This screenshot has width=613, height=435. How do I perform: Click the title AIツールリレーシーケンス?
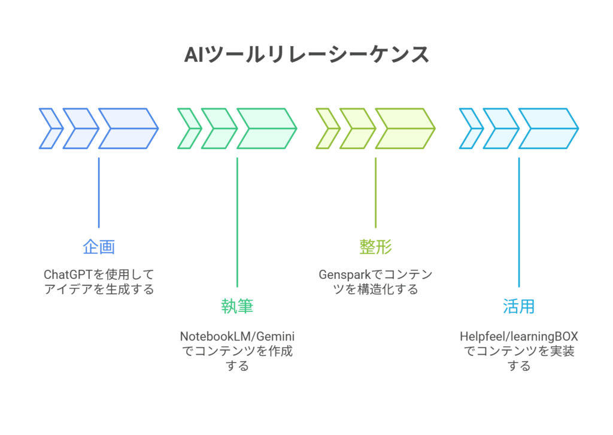click(306, 54)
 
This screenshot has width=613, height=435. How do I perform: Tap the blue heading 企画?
click(99, 247)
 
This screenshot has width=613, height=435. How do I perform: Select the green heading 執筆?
click(237, 307)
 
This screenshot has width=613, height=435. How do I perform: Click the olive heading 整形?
click(375, 247)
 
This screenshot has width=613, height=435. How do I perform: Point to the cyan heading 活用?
click(518, 307)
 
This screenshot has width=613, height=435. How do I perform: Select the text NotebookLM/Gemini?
click(238, 336)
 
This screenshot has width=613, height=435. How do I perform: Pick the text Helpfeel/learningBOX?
click(518, 336)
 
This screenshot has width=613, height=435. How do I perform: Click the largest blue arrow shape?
click(128, 128)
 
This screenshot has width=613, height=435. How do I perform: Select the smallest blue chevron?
click(50, 128)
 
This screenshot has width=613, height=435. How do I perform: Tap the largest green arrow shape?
click(266, 128)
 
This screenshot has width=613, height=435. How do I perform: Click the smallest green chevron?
click(189, 128)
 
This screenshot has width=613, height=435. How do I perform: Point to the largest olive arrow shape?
click(404, 128)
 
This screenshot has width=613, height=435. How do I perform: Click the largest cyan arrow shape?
click(547, 128)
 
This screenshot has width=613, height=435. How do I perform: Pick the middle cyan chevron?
click(500, 128)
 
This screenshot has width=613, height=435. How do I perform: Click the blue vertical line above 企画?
click(99, 192)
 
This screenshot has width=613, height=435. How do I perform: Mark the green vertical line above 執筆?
click(237, 222)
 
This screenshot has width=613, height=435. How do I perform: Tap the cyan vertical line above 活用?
click(518, 222)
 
